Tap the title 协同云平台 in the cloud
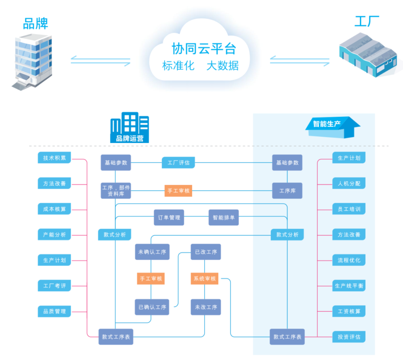(x=204, y=49)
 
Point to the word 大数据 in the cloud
(x=223, y=66)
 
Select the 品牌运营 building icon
(x=130, y=127)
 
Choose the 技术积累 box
(x=54, y=158)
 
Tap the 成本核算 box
(x=54, y=209)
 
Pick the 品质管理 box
(x=54, y=311)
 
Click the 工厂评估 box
(x=178, y=163)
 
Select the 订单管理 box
(x=169, y=218)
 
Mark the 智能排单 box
(x=224, y=218)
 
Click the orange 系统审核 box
(x=204, y=279)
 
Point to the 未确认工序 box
(x=152, y=252)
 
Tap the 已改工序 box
(x=206, y=252)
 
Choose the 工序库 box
(x=287, y=191)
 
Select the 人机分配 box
(x=349, y=184)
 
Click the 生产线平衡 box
(x=349, y=286)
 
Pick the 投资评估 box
(x=349, y=337)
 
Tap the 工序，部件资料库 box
(x=116, y=191)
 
